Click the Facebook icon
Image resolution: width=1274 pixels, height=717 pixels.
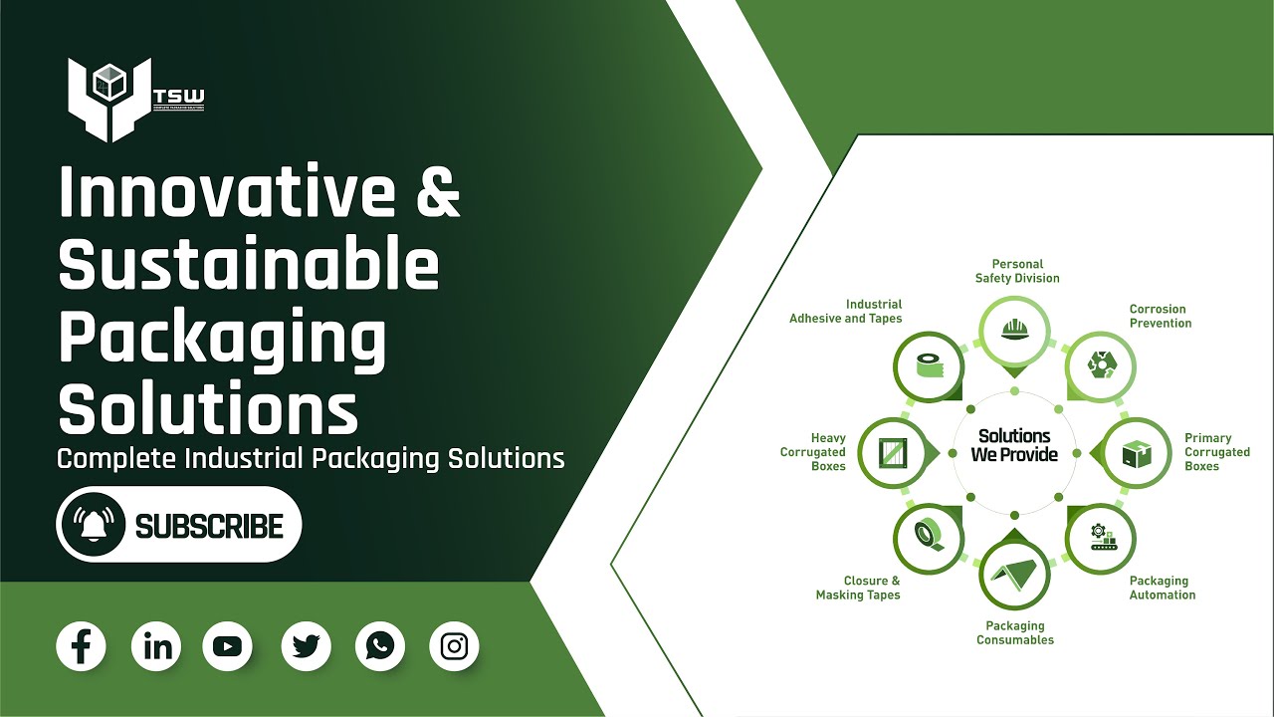point(82,646)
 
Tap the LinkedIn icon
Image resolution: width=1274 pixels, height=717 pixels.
point(156,646)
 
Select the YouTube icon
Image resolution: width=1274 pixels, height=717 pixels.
point(227,646)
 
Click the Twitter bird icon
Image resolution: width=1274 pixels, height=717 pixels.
point(306,646)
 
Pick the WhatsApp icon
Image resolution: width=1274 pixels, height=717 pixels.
point(379,646)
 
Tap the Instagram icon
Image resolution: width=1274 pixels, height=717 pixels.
point(454,646)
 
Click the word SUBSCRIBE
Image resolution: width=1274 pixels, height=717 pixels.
point(209,526)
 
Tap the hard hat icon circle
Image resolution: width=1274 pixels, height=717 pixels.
point(1014,328)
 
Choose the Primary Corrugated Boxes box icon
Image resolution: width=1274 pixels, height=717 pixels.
point(1136,454)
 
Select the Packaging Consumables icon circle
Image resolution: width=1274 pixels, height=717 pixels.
point(1014,576)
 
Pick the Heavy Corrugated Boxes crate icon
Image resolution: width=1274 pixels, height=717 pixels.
point(891,454)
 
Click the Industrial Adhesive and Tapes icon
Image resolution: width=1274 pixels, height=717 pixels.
point(929,367)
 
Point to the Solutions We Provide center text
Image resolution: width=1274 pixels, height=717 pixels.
point(1014,445)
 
